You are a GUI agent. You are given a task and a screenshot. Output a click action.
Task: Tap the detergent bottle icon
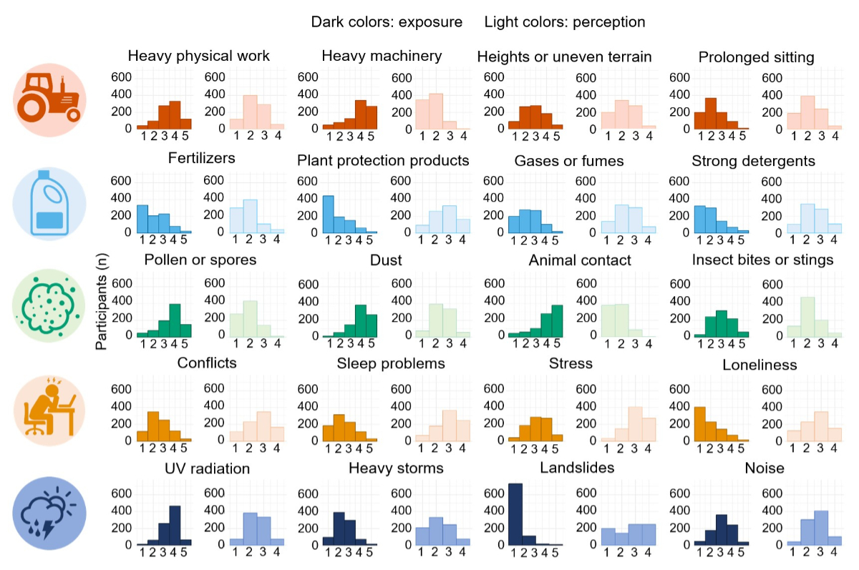pos(49,202)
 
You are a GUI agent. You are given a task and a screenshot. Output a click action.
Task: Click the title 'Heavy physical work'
pos(198,56)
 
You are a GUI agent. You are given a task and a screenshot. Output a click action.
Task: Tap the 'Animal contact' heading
pos(580,260)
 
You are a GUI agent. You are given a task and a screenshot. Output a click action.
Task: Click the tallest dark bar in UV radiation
pos(175,526)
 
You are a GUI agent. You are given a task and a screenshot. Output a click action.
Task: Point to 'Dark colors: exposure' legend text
pos(387,22)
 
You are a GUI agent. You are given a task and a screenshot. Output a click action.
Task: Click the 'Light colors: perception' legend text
pos(565,22)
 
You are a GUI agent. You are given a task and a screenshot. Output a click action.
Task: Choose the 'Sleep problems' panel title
pos(391,364)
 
